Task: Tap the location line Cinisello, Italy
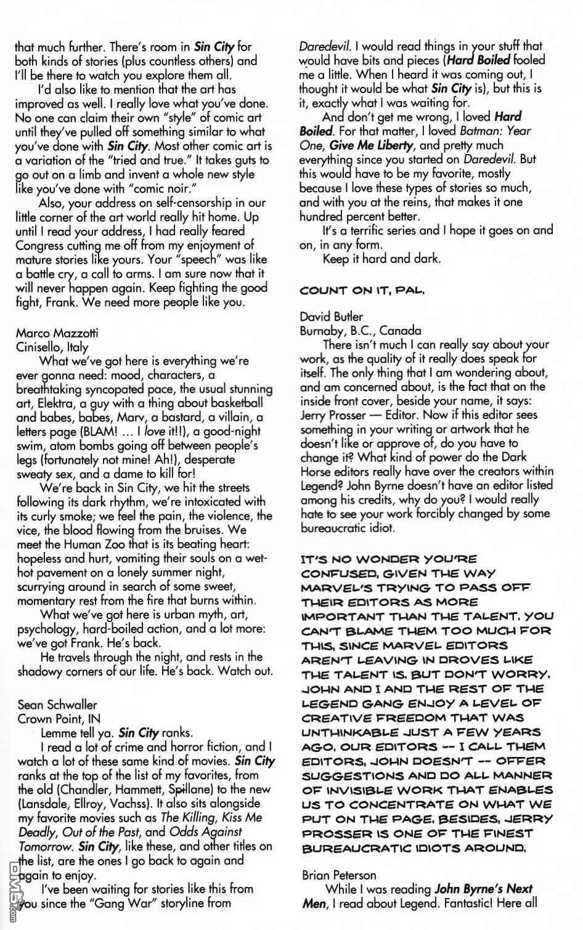coord(52,347)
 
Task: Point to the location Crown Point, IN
coord(59,718)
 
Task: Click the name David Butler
coord(331,317)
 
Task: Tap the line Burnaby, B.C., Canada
coord(361,331)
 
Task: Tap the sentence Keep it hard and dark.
coord(381,259)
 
